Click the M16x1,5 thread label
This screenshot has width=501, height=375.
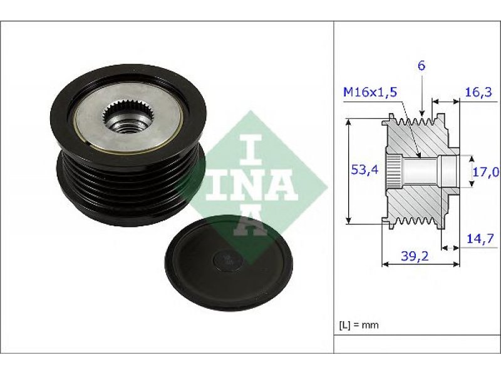370,92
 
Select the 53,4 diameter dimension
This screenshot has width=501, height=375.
364,169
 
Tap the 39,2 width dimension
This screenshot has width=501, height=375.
415,256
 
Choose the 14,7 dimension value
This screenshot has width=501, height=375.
480,239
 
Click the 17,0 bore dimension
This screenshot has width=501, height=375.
486,172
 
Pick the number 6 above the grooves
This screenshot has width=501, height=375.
421,66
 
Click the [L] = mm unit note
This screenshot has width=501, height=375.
358,325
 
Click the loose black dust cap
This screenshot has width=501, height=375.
229,264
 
